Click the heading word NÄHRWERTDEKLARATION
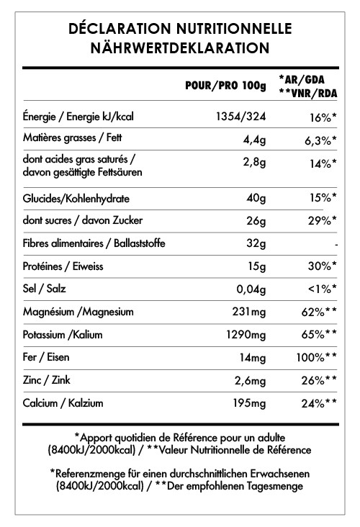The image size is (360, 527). [x=179, y=48]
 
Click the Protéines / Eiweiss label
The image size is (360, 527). [x=64, y=266]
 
